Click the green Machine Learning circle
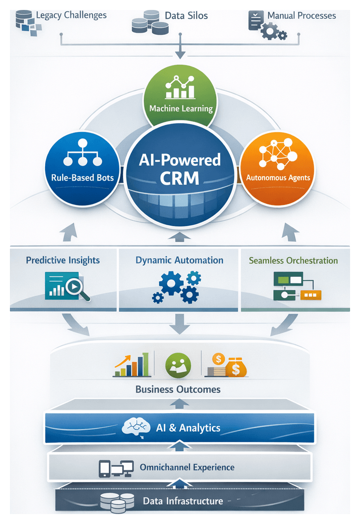click(x=180, y=94)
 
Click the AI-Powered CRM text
click(x=180, y=169)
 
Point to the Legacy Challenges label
click(x=71, y=15)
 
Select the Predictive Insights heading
click(x=63, y=260)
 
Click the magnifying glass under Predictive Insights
click(x=79, y=289)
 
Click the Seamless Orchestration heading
click(x=293, y=260)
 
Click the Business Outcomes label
click(x=178, y=389)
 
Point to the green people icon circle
click(x=178, y=365)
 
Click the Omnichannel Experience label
click(x=187, y=467)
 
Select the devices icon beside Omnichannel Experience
click(x=116, y=468)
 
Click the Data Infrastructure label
click(x=183, y=501)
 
